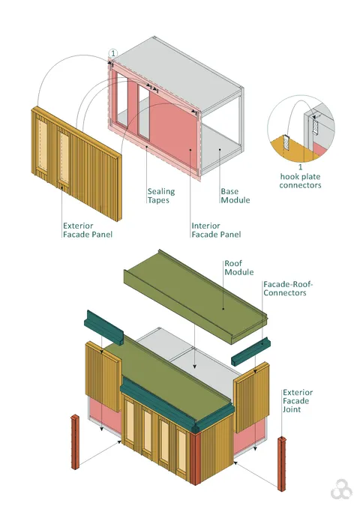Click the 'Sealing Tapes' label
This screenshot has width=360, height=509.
(x=161, y=196)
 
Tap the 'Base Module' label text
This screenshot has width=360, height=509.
(x=235, y=196)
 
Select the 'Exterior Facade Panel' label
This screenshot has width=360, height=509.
(x=88, y=230)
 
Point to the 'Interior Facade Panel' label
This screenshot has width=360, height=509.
(x=216, y=230)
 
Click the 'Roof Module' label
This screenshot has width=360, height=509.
(x=238, y=268)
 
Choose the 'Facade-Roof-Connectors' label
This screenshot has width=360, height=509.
(x=288, y=289)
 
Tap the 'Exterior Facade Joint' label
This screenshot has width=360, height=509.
(x=298, y=401)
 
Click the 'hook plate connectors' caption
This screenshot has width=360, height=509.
(x=300, y=181)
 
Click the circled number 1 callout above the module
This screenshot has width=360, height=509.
(x=113, y=53)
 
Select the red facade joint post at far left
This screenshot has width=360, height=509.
(x=75, y=442)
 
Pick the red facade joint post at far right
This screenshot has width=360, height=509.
(x=282, y=463)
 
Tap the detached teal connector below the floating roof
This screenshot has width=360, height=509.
(x=250, y=351)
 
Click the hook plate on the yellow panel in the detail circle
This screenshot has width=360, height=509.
(x=286, y=142)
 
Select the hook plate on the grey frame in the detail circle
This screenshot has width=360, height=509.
(x=315, y=126)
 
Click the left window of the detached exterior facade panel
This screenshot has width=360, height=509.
(x=43, y=145)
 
